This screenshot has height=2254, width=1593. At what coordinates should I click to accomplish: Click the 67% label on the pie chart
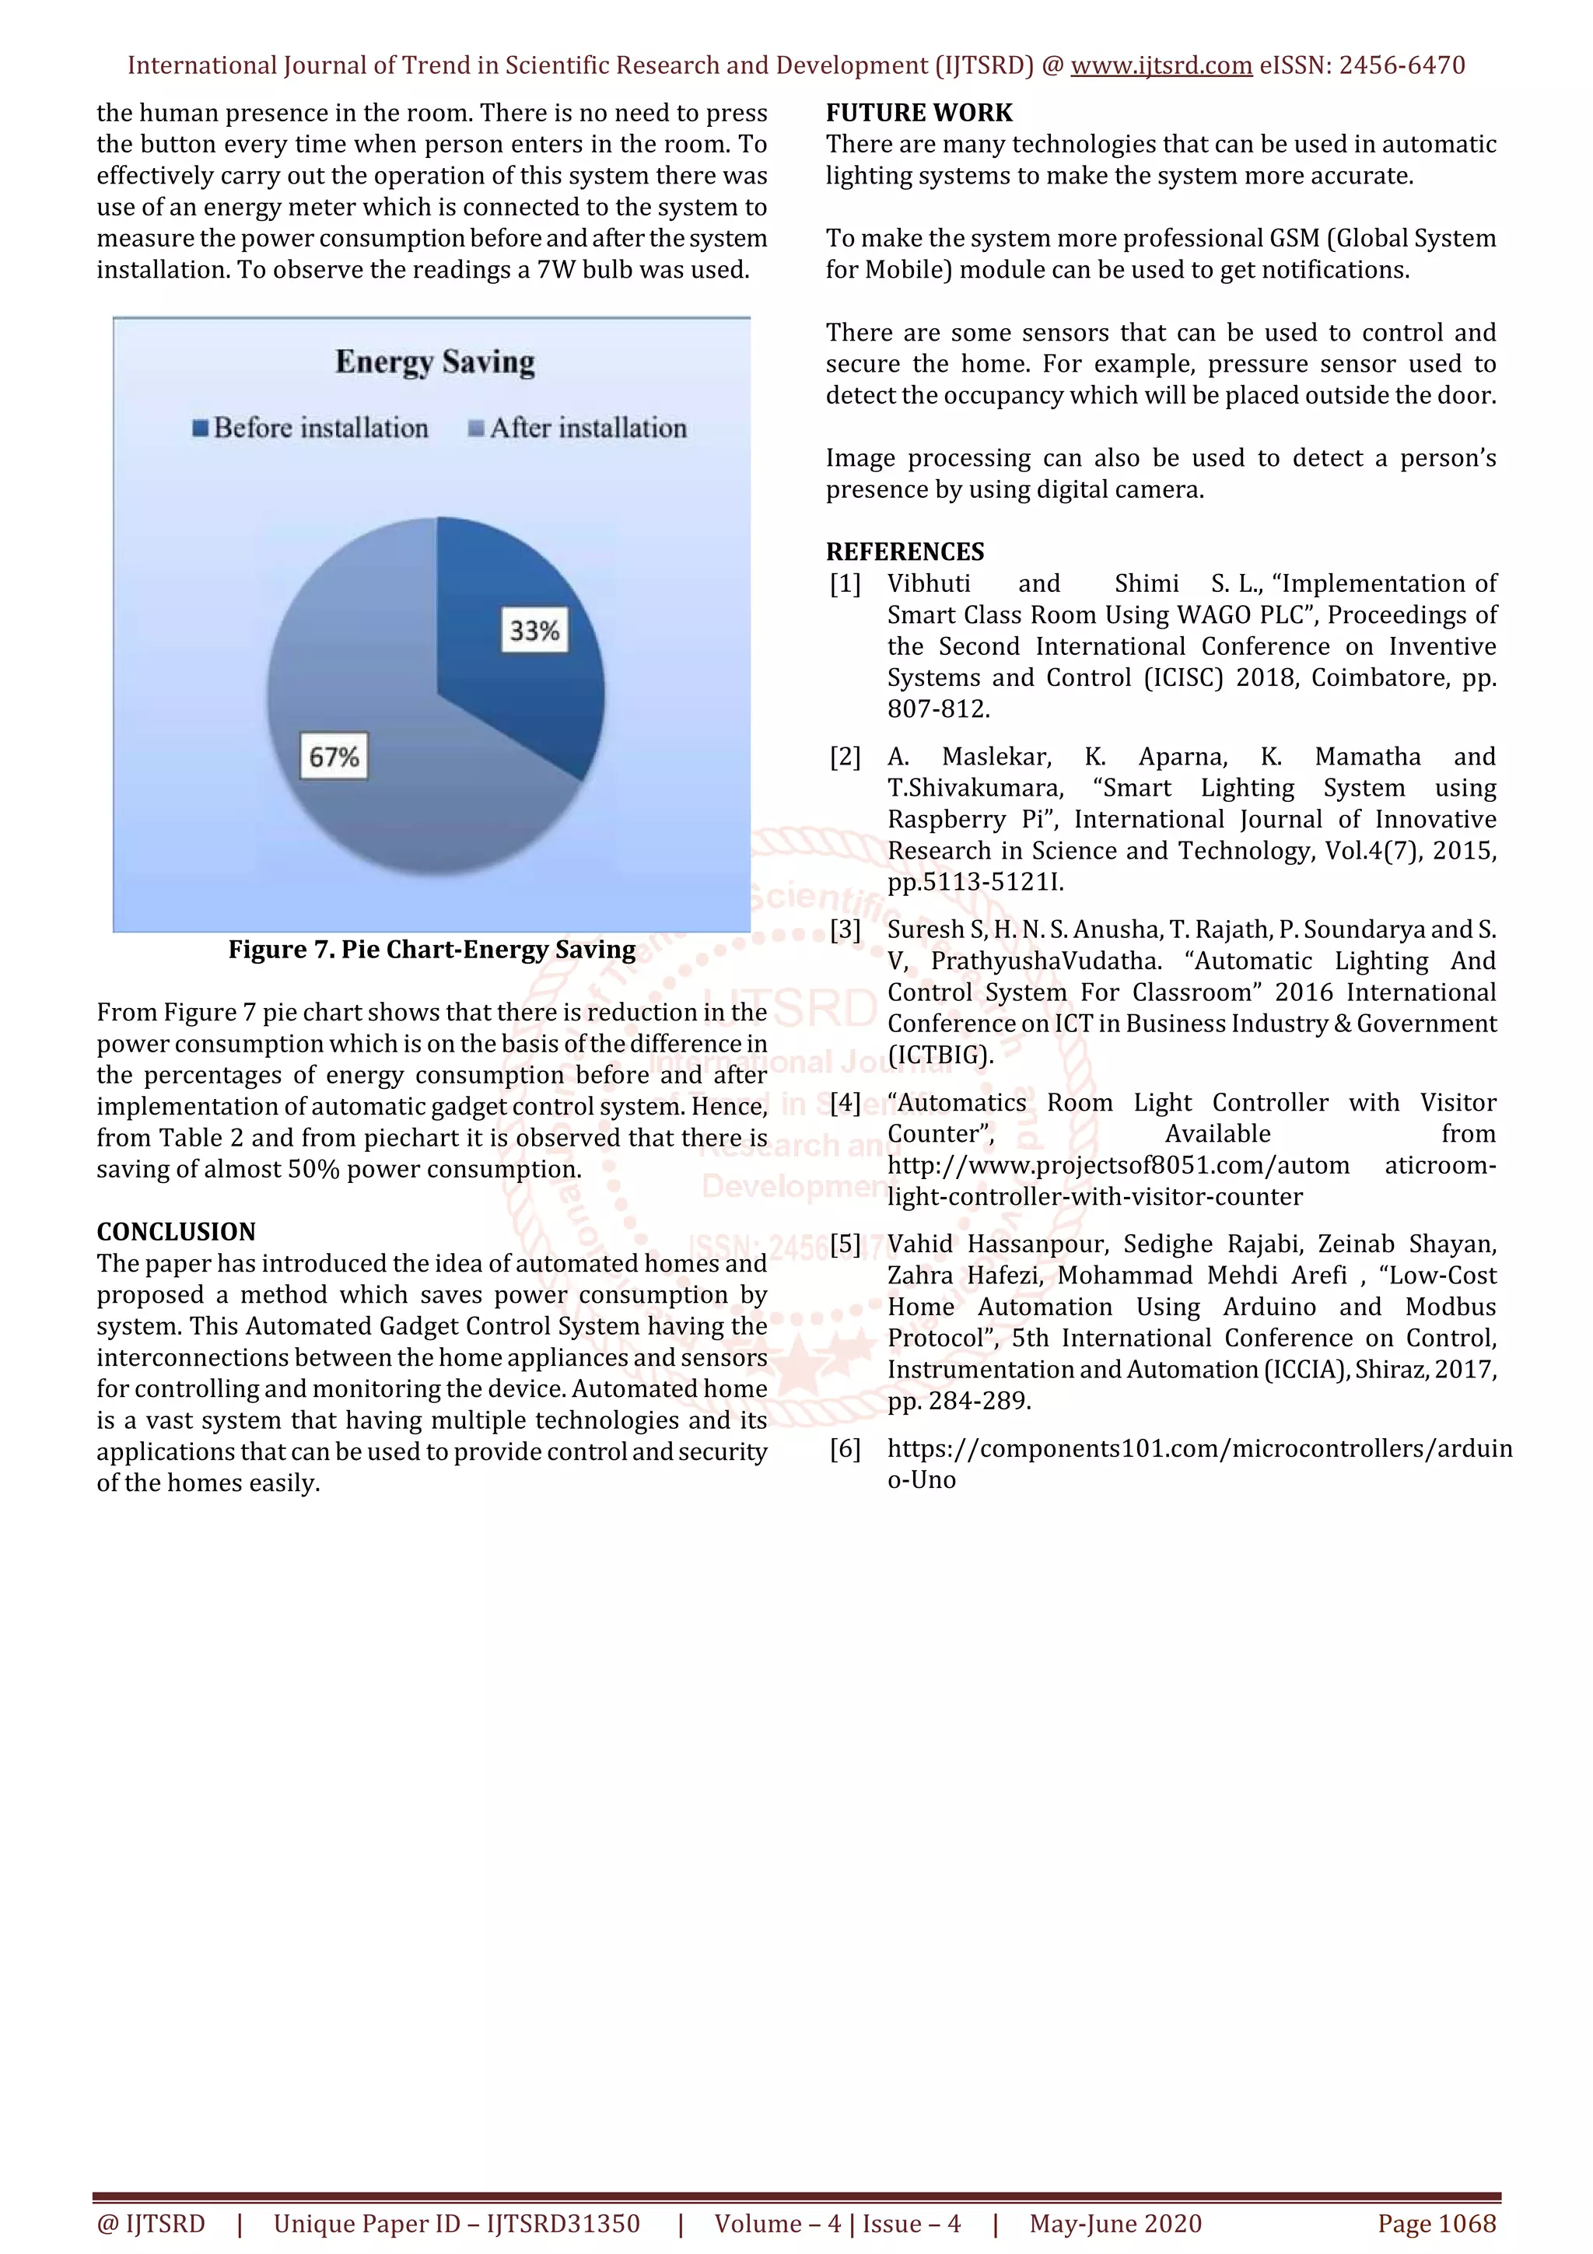coord(334,756)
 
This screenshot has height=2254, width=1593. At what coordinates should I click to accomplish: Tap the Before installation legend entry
coord(311,428)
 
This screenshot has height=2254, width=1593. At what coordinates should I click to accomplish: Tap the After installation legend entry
coord(578,428)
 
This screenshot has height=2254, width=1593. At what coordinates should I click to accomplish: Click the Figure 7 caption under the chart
coord(432,950)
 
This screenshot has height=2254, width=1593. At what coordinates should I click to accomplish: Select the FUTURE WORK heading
coord(919,113)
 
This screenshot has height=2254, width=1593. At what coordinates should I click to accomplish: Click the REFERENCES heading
coord(905,551)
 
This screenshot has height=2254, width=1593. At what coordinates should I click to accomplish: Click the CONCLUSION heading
coord(176,1231)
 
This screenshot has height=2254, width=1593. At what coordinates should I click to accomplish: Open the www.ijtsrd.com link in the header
coord(1161,66)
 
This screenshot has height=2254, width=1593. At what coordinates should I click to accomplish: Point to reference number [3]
coord(845,929)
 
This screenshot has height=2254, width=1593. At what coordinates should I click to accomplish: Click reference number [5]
coord(845,1244)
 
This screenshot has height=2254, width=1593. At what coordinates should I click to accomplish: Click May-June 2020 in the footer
coord(1115,2224)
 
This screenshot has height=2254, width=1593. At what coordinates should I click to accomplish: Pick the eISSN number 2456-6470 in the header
coord(1402,66)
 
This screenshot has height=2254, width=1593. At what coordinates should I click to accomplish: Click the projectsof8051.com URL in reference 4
coord(1118,1165)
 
